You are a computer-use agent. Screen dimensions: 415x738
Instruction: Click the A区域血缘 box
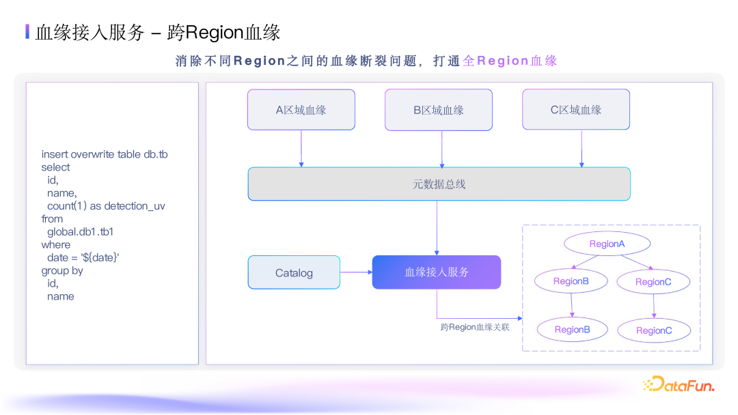(301, 110)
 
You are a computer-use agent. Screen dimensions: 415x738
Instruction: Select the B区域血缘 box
(439, 110)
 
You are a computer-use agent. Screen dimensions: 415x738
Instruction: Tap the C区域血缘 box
(576, 110)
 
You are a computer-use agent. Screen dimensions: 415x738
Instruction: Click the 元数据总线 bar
(439, 184)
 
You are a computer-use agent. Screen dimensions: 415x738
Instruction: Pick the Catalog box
(294, 273)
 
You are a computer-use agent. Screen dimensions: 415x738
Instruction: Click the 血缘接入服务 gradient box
(437, 272)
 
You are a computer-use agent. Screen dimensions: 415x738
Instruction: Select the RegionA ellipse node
(607, 244)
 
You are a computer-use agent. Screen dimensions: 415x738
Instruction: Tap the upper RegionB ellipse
(571, 281)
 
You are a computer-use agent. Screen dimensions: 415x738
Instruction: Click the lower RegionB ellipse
(572, 330)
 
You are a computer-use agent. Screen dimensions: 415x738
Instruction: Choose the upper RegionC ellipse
(653, 282)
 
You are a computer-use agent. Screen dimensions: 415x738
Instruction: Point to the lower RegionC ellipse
(654, 330)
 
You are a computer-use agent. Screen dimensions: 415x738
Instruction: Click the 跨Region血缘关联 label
(475, 328)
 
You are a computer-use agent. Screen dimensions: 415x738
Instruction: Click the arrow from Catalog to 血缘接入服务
(356, 272)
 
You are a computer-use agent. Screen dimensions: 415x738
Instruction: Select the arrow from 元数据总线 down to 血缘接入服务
(437, 228)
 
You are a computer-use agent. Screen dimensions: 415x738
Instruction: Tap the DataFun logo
(679, 385)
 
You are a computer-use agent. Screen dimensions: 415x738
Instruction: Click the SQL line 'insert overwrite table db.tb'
(105, 154)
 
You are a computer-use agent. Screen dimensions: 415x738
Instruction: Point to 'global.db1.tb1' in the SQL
(80, 232)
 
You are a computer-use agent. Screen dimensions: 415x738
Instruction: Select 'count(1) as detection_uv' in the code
(106, 206)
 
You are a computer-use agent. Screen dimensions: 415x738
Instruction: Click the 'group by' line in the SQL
(62, 271)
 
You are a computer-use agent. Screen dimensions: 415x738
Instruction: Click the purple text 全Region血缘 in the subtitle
(510, 61)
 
